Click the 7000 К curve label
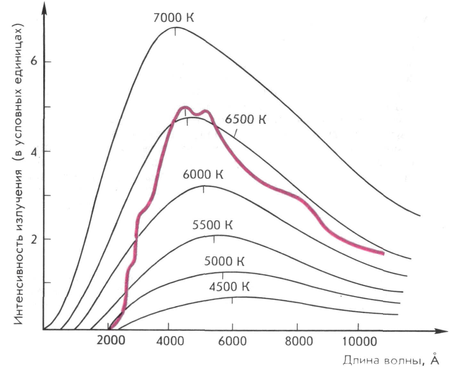click(174, 18)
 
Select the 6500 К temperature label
click(245, 120)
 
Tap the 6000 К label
click(203, 174)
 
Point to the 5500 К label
click(212, 225)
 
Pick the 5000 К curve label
click(224, 262)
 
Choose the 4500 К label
click(229, 287)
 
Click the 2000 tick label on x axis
click(111, 341)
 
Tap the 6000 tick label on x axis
click(233, 341)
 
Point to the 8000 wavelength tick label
click(298, 341)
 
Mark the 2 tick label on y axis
click(34, 239)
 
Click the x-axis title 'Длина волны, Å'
click(391, 360)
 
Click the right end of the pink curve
click(383, 253)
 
